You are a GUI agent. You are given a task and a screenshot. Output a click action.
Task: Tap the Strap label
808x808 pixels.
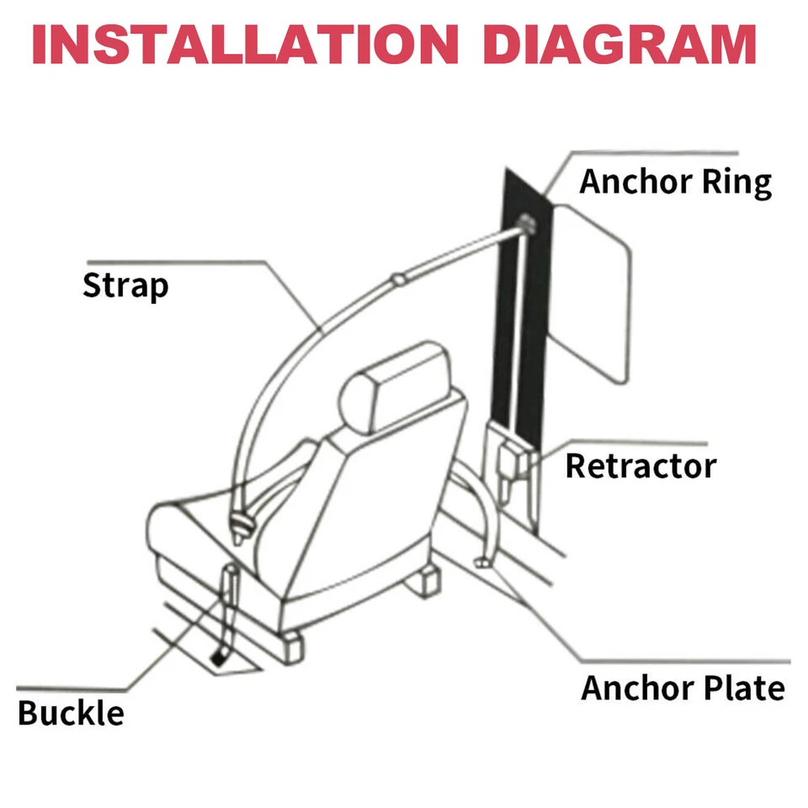pos(125,286)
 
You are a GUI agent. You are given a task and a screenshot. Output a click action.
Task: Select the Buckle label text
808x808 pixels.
pos(71,713)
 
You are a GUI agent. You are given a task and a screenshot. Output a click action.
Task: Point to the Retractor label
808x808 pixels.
pos(640,465)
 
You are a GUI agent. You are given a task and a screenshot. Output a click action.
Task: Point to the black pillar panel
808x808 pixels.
pos(522,320)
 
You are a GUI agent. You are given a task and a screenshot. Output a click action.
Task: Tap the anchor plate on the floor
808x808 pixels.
pos(485,561)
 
